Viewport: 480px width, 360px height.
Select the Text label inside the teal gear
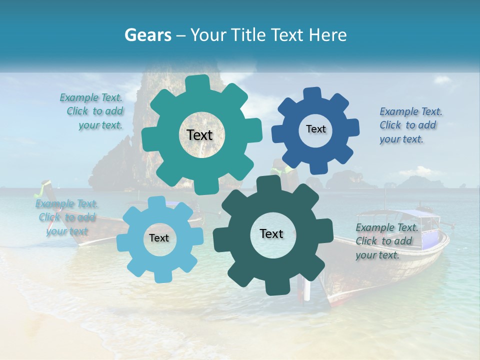(x=199, y=135)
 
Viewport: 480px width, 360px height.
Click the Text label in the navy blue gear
(x=315, y=129)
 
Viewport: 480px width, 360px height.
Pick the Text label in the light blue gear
(x=159, y=238)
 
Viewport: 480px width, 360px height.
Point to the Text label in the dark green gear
(x=271, y=233)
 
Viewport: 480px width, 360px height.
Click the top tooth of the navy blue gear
(x=312, y=94)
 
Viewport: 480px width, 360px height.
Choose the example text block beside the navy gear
(x=410, y=125)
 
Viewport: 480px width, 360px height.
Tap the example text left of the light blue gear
(x=66, y=217)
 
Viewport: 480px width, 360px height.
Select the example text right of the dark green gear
(x=386, y=241)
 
